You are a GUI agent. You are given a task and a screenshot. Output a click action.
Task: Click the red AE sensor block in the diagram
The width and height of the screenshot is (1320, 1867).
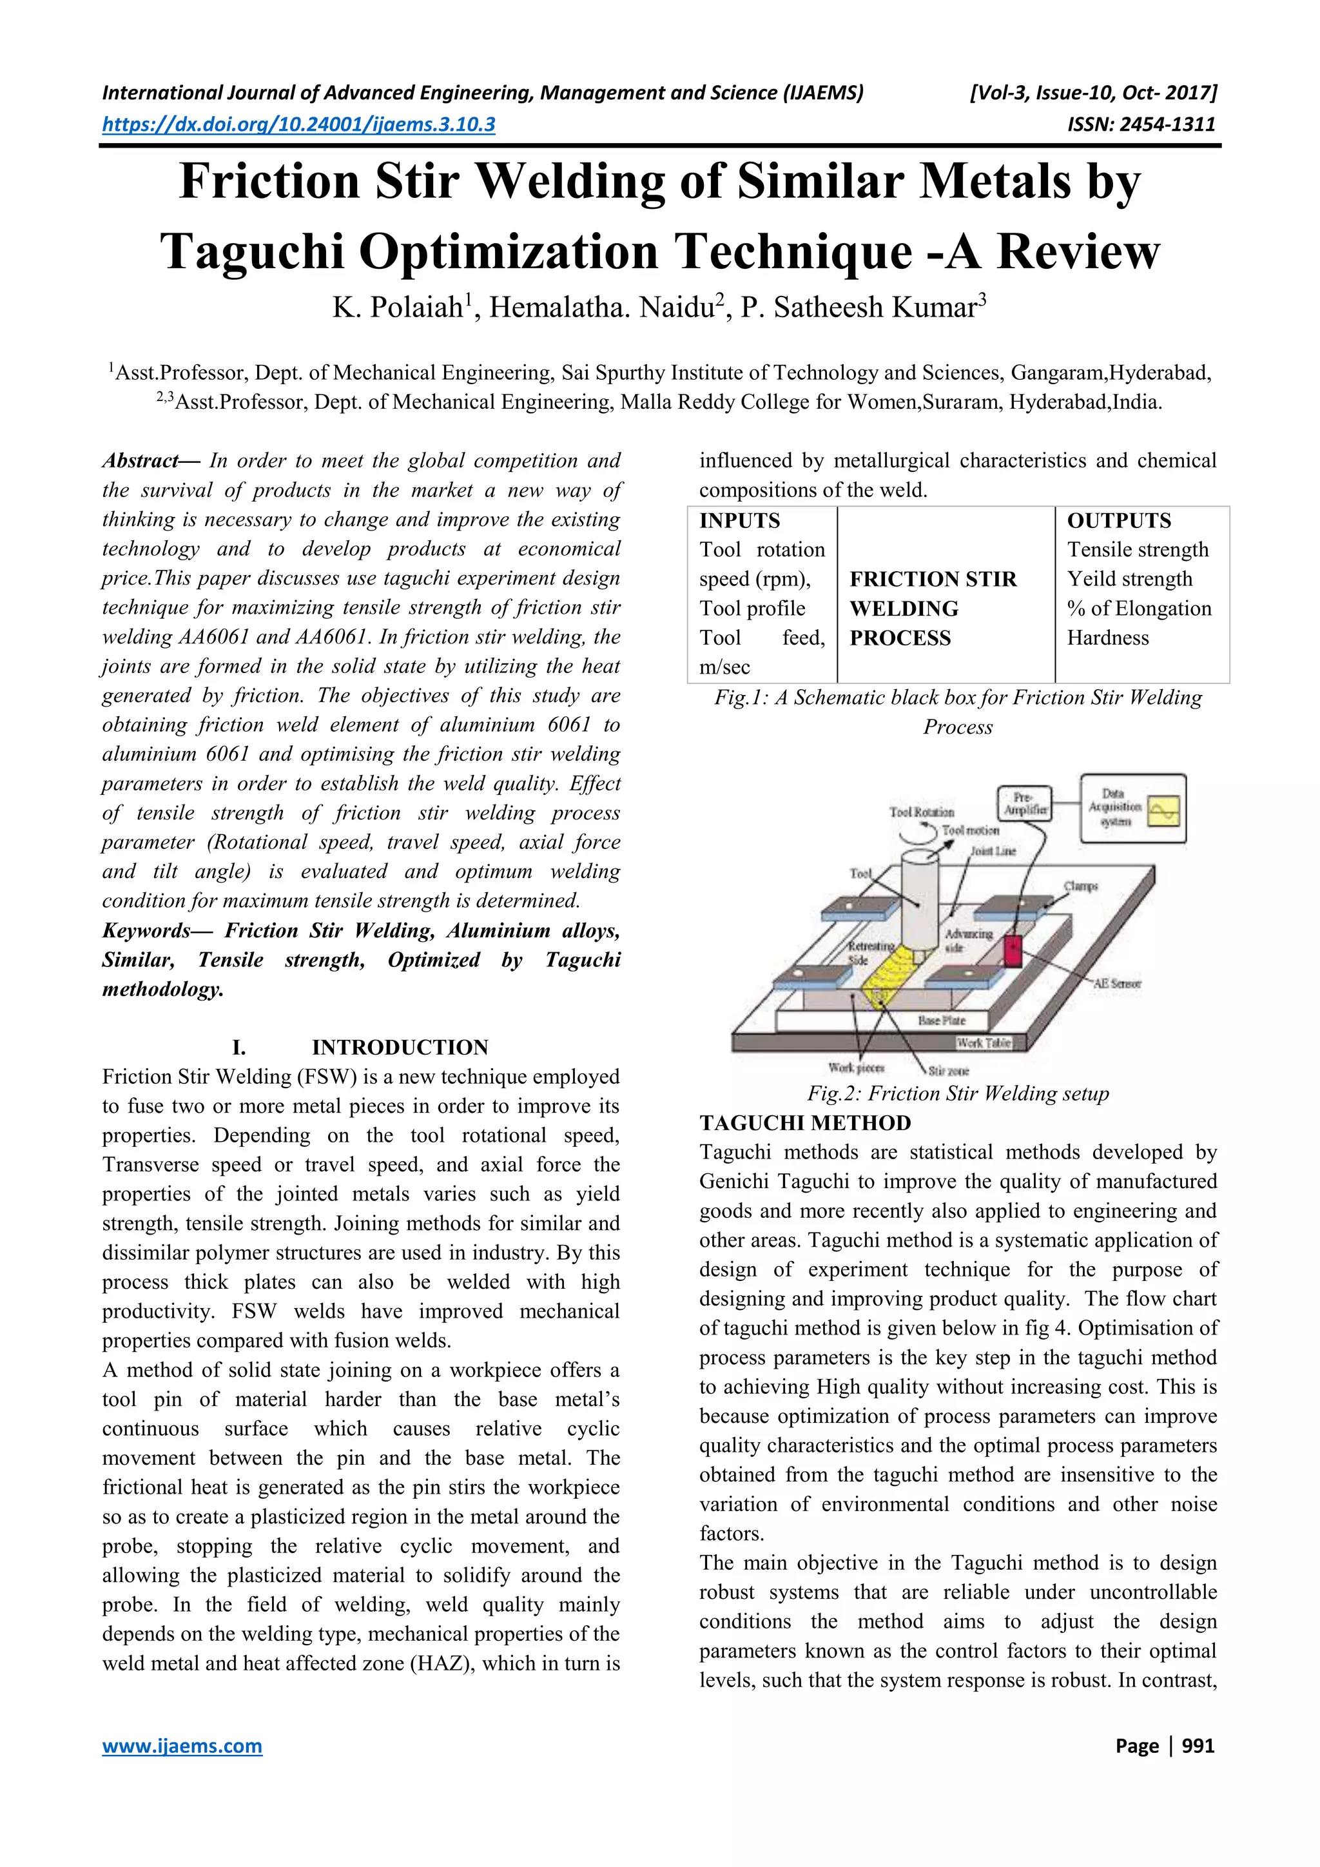(1012, 950)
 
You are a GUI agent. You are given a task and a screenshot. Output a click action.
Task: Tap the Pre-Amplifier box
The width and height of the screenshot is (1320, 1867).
(1024, 803)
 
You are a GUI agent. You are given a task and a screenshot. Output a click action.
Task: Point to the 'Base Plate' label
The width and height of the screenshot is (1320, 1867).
(941, 1020)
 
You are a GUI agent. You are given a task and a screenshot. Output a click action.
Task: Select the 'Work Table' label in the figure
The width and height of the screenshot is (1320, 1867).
(984, 1042)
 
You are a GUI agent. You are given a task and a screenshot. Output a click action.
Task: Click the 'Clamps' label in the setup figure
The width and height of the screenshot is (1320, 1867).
(1080, 886)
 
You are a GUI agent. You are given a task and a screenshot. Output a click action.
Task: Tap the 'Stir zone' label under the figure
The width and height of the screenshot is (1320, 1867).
(949, 1071)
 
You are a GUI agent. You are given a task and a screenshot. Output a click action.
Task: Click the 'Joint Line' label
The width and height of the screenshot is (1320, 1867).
(993, 850)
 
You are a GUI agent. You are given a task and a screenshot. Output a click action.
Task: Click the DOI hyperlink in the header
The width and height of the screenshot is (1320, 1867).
(298, 124)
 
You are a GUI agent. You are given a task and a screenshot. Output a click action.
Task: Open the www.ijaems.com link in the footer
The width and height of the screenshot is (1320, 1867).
(182, 1746)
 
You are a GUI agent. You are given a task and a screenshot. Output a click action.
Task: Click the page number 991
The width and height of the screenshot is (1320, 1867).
(1198, 1746)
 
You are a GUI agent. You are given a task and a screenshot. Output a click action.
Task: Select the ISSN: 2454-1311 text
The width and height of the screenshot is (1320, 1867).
(1141, 124)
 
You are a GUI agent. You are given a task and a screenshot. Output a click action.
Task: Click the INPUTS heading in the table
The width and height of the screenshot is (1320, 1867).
(740, 520)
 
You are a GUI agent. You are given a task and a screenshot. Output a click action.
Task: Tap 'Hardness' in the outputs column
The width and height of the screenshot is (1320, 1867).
(1107, 638)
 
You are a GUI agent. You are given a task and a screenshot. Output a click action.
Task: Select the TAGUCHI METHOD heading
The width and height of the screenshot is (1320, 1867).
(804, 1123)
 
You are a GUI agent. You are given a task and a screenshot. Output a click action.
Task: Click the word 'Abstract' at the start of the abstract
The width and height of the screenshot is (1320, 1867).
(140, 461)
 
